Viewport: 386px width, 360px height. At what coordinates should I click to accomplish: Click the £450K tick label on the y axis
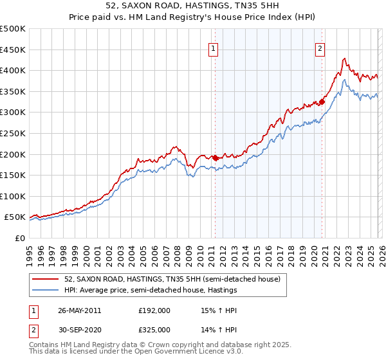click(13, 50)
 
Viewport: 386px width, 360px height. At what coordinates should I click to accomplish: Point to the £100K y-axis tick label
click(13, 196)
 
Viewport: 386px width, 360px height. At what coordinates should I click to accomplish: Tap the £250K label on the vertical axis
click(13, 133)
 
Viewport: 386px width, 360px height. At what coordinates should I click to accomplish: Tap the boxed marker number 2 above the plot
click(320, 47)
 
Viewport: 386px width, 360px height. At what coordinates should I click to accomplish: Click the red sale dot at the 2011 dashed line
click(215, 157)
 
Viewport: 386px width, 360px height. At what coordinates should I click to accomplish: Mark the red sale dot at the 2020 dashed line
click(322, 102)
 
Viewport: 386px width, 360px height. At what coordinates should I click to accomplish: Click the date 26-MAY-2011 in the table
click(80, 310)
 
